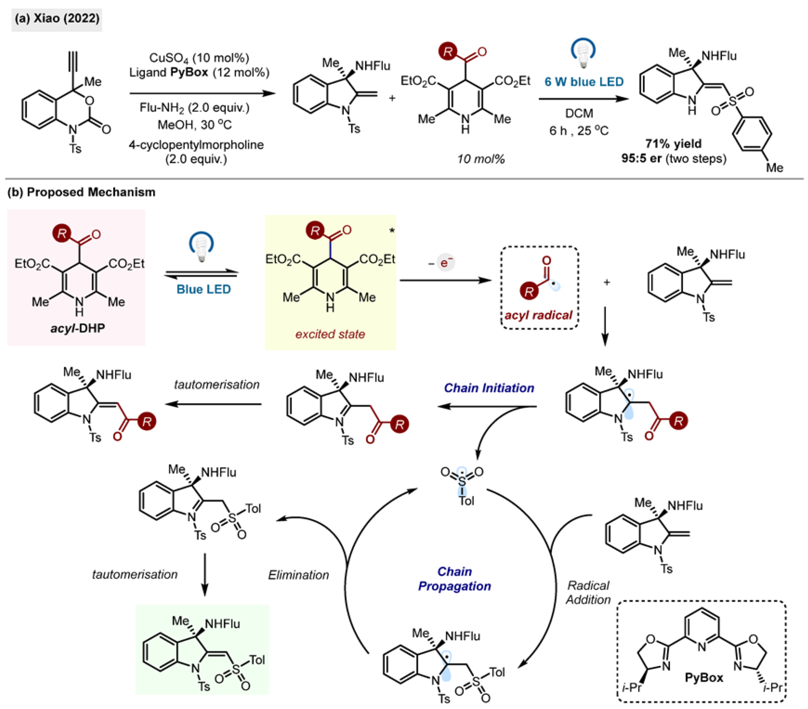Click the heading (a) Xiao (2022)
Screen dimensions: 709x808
(57, 19)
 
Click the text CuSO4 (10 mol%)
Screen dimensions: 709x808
(199, 58)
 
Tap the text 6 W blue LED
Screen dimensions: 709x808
(584, 82)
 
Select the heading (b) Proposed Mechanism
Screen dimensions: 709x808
(82, 192)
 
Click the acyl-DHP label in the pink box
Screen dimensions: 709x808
(78, 328)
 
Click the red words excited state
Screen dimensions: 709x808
(330, 334)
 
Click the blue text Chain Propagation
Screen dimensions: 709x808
(455, 579)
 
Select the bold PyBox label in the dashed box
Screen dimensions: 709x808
(704, 678)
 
